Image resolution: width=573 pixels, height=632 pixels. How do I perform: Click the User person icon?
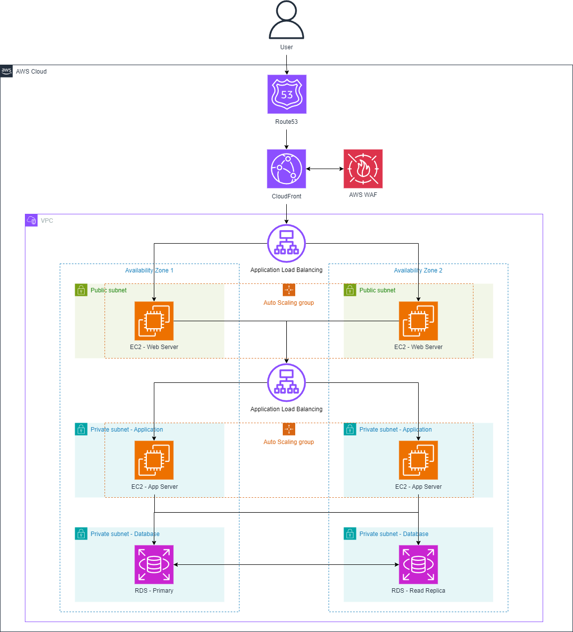(x=286, y=21)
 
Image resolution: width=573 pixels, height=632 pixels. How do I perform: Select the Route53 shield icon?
(x=287, y=94)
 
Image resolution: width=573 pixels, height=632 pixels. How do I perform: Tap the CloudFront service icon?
(x=286, y=169)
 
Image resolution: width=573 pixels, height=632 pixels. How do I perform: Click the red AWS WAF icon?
(x=363, y=169)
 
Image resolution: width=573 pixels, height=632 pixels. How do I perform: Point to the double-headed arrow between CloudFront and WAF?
(x=325, y=169)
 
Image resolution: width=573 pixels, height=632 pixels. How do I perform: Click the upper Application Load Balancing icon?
(x=286, y=243)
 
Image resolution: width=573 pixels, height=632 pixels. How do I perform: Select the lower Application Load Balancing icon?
(x=286, y=382)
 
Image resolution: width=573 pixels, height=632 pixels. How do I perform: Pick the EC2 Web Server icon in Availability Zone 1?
(x=154, y=321)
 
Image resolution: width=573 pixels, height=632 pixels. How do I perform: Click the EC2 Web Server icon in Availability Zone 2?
(x=418, y=321)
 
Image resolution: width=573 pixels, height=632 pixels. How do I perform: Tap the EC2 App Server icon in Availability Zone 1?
(x=154, y=460)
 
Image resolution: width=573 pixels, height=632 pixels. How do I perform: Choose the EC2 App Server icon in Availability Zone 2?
(x=418, y=460)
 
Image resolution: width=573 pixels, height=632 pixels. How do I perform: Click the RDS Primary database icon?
(x=154, y=564)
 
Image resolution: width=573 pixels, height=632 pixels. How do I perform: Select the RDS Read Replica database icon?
(x=418, y=564)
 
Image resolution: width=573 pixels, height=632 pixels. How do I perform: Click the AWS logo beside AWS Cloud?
(x=6, y=71)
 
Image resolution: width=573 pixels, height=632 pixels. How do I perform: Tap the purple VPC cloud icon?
(x=31, y=220)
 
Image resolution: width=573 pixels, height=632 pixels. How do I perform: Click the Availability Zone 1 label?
(x=149, y=271)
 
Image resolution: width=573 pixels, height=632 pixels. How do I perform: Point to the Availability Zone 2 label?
(x=418, y=271)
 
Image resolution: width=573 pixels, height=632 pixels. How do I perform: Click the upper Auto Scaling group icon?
(x=289, y=290)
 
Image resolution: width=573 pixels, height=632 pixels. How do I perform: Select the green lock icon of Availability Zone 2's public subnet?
(x=350, y=290)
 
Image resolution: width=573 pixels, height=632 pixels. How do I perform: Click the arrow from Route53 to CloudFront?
(x=287, y=139)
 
